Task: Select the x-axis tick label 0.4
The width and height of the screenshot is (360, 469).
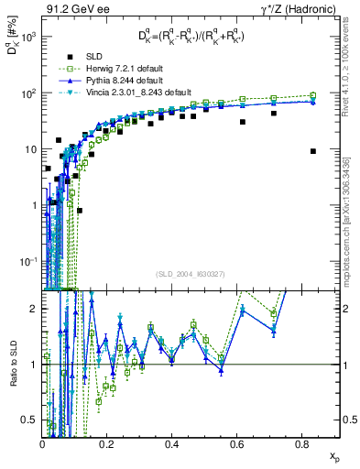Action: point(172,443)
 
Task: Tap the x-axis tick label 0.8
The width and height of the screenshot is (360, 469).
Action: point(301,443)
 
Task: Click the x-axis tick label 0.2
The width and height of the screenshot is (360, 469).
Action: point(107,443)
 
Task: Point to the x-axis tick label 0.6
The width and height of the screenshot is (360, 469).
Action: point(236,443)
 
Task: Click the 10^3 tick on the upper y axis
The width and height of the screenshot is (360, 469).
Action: point(30,37)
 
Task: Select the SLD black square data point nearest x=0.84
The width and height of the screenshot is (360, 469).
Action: point(313,151)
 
